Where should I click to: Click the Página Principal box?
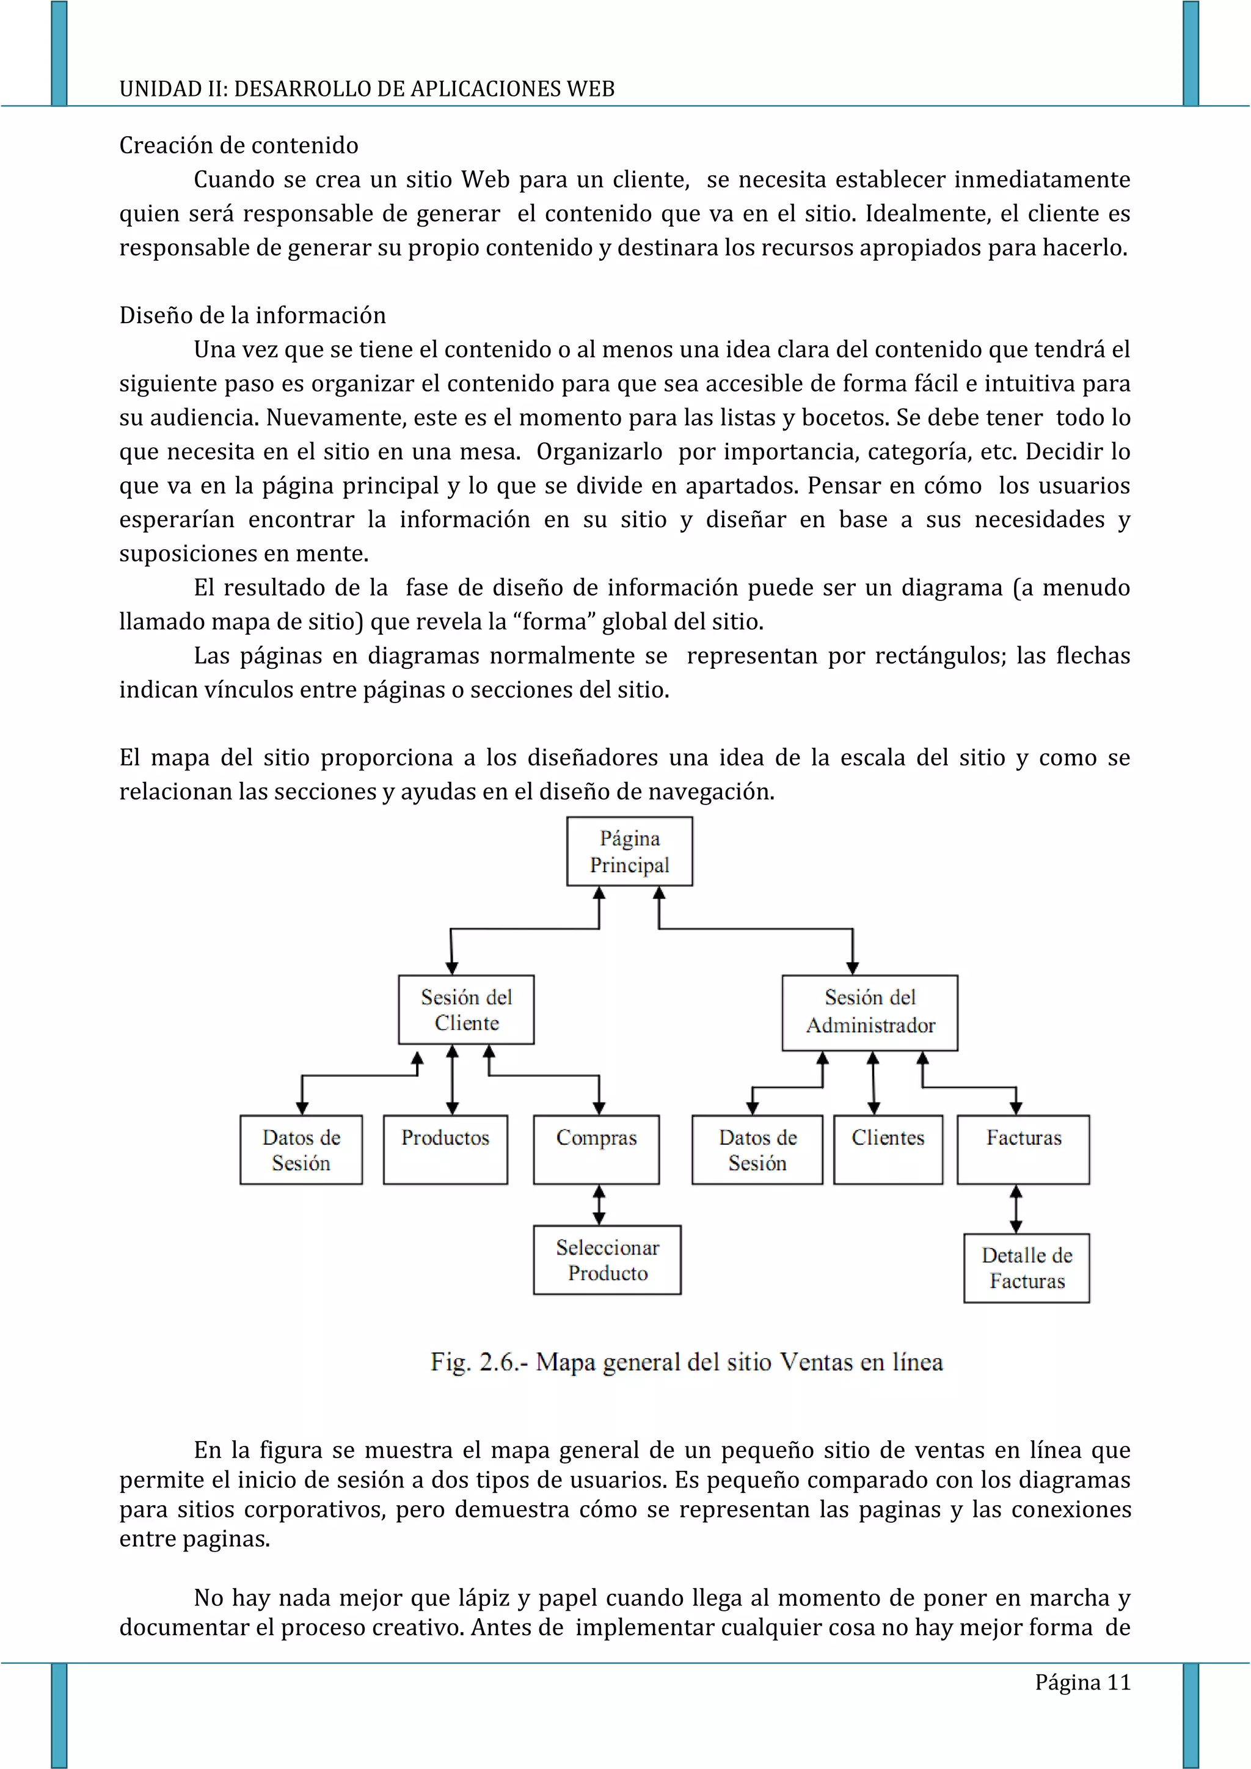(x=629, y=852)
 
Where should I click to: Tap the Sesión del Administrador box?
(x=870, y=1012)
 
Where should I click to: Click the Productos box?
(x=445, y=1149)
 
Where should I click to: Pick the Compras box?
(x=596, y=1149)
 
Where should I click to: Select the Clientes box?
(x=888, y=1149)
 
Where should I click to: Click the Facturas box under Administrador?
(x=1023, y=1149)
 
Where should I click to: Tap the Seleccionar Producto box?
(x=607, y=1260)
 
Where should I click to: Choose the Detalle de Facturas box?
(x=1026, y=1268)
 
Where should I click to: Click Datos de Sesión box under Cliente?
(x=301, y=1149)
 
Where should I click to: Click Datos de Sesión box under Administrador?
(x=757, y=1149)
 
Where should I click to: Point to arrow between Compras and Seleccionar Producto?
(x=599, y=1204)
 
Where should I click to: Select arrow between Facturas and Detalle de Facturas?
(x=1016, y=1208)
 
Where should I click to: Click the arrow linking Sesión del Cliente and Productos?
(x=452, y=1079)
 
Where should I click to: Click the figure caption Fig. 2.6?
(x=687, y=1362)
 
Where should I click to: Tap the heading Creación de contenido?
(x=239, y=145)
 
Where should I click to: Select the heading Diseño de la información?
(x=253, y=315)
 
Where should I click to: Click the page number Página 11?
(x=1082, y=1682)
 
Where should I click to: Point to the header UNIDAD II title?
(x=367, y=89)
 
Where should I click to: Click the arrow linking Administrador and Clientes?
(x=873, y=1082)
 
